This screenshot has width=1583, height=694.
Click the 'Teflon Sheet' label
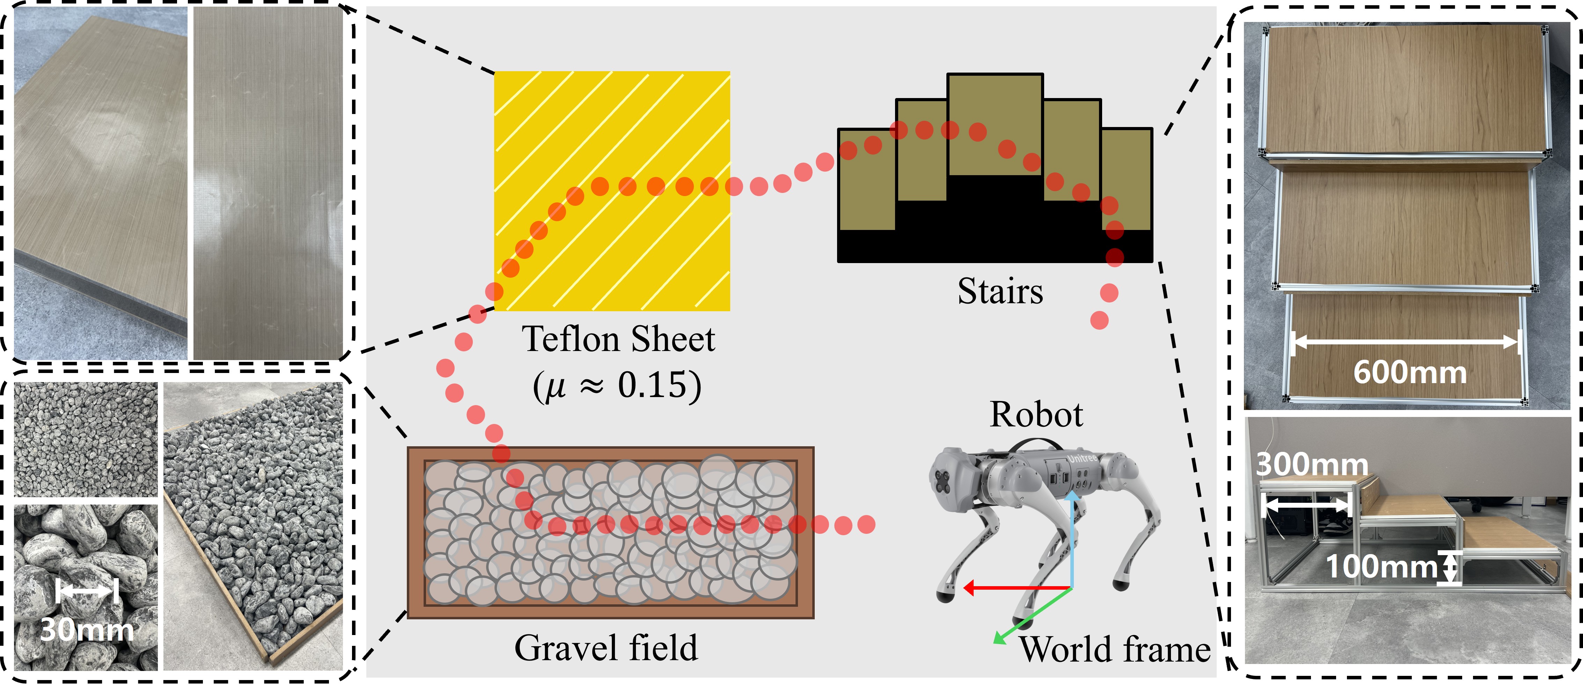pos(618,339)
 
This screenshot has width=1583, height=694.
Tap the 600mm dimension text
pos(1410,372)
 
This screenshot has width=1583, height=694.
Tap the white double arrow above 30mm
pos(87,591)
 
